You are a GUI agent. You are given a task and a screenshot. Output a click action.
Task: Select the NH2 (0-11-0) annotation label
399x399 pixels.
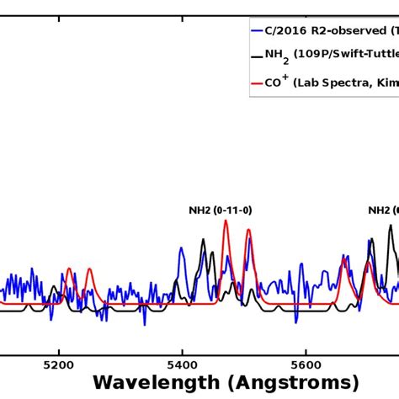tap(221, 210)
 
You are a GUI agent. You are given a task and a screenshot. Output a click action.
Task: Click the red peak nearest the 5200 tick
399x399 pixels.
tap(69, 271)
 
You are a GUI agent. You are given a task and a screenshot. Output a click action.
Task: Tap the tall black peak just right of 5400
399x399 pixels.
tap(203, 241)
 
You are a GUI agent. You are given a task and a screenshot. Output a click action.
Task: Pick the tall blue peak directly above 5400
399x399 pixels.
tap(181, 249)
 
